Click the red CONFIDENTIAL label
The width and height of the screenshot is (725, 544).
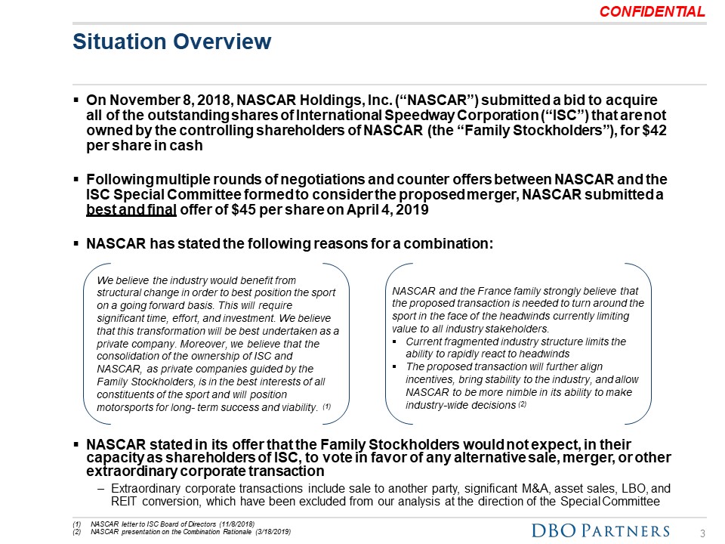[x=652, y=12]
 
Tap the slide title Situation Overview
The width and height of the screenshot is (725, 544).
[x=171, y=42]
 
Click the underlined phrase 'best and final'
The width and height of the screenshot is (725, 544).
[x=131, y=210]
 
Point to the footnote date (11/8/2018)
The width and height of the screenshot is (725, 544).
[x=230, y=524]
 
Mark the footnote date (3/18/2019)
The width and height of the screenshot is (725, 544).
[x=265, y=533]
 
